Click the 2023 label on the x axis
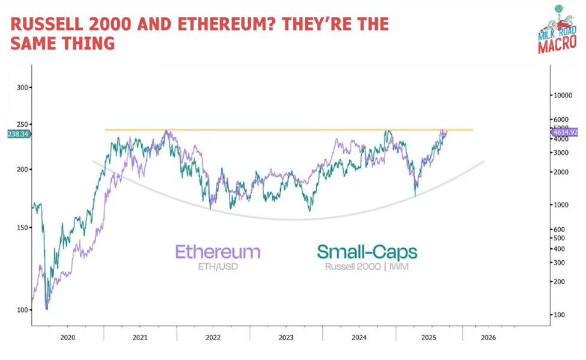pyautogui.click(x=286, y=338)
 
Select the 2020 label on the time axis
pyautogui.click(x=67, y=338)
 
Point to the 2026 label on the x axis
pyautogui.click(x=487, y=338)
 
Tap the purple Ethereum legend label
pyautogui.click(x=218, y=251)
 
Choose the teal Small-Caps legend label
pyautogui.click(x=367, y=251)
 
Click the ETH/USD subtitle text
pyautogui.click(x=218, y=266)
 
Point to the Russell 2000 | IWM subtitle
pyautogui.click(x=367, y=266)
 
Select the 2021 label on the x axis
pyautogui.click(x=140, y=338)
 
